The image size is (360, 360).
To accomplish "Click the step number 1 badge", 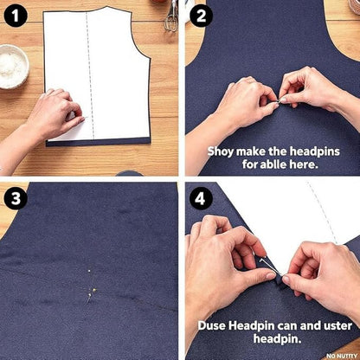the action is pyautogui.click(x=16, y=16).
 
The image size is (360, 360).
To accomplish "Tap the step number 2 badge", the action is pyautogui.click(x=201, y=16).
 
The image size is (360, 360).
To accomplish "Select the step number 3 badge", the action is pyautogui.click(x=16, y=199).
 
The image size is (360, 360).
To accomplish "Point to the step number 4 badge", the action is pyautogui.click(x=201, y=199).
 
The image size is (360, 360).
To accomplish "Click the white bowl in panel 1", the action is pyautogui.click(x=12, y=67).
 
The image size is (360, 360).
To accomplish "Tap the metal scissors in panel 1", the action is pyautogui.click(x=171, y=16).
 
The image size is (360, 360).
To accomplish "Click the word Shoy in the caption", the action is pyautogui.click(x=220, y=151).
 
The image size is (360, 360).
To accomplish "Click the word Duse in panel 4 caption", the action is pyautogui.click(x=212, y=326).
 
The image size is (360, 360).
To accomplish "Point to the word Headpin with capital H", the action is pyautogui.click(x=251, y=326).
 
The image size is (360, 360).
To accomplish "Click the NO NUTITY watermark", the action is pyautogui.click(x=342, y=356).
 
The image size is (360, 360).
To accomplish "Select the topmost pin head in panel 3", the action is pyautogui.click(x=89, y=271).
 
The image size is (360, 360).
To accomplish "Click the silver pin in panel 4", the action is pyautogui.click(x=270, y=266).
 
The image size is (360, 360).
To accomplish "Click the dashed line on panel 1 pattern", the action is pyautogui.click(x=90, y=75).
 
